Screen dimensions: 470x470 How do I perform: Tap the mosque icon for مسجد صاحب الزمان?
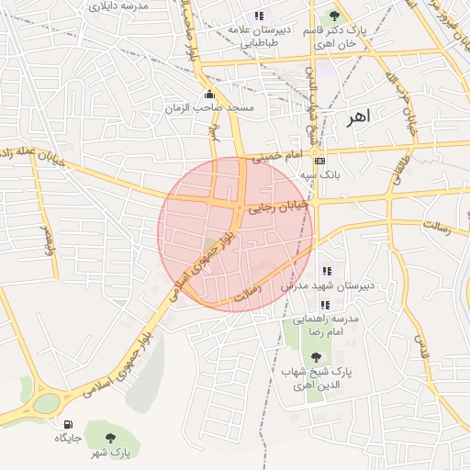pos(210,94)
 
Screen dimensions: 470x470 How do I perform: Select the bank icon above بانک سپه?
pos(319,161)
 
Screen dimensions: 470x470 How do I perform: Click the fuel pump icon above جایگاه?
pos(68,424)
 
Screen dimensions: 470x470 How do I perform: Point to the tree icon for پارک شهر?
pos(111,438)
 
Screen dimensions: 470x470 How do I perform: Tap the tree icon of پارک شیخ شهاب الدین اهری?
pos(317,357)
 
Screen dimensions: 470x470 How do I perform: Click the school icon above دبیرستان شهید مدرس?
pos(327,271)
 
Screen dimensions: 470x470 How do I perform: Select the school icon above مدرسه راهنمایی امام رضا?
pos(327,306)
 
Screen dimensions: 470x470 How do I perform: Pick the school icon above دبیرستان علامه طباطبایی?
pos(260,16)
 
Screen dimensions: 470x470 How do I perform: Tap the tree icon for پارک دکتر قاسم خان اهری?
pos(334,16)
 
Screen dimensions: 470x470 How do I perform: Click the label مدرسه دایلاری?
pos(130,6)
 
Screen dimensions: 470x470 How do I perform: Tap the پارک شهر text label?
pos(114,453)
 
